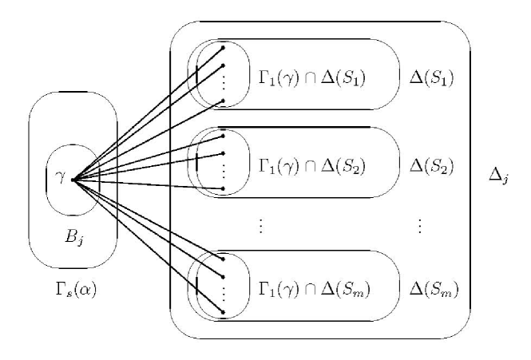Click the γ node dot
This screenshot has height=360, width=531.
tap(73, 180)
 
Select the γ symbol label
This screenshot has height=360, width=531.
tap(59, 177)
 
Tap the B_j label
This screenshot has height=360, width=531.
tap(73, 237)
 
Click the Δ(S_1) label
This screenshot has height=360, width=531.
tap(432, 78)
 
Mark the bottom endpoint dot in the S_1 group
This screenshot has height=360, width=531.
tap(223, 101)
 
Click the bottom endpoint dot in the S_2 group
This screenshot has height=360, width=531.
tap(223, 189)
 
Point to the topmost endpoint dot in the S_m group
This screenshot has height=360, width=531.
tap(223, 259)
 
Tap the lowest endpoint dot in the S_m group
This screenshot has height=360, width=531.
tap(223, 311)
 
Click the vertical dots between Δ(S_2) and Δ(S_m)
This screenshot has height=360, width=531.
tap(420, 226)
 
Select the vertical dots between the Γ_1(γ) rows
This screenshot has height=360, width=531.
tap(260, 226)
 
